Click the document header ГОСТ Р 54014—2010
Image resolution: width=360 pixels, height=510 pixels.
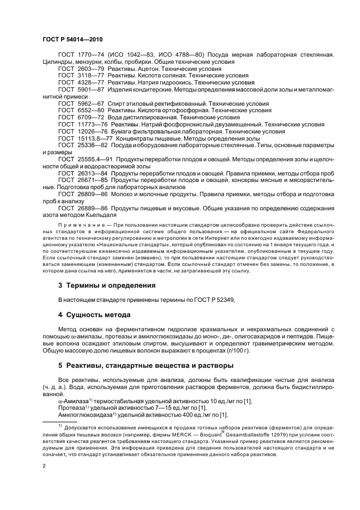click(x=72, y=40)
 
